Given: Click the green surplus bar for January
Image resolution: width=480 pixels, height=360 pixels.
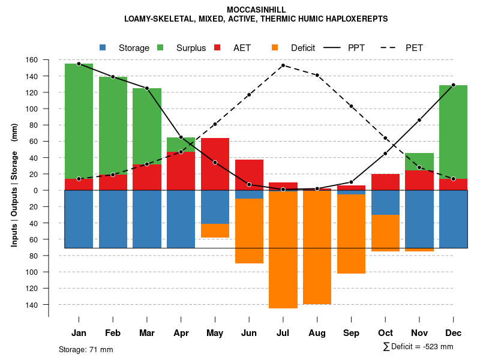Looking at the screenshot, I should [79, 120].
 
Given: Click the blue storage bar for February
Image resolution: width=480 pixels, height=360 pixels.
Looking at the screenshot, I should [113, 219].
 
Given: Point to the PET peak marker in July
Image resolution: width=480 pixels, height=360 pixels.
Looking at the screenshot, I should [283, 65].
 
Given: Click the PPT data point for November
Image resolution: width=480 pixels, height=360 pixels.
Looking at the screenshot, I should [419, 120].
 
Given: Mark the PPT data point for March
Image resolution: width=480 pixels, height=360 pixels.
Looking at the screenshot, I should [147, 88].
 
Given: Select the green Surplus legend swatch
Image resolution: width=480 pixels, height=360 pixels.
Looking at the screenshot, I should [160, 48].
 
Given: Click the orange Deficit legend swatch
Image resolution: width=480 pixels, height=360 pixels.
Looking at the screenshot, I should [275, 48].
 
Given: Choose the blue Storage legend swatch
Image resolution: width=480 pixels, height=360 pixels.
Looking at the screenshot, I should [103, 48].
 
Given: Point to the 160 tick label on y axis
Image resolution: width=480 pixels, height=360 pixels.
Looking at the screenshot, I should [48, 60].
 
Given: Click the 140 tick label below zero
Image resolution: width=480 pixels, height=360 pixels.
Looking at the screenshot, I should [48, 305].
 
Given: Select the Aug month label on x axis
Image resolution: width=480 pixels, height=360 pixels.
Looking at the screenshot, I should [317, 333].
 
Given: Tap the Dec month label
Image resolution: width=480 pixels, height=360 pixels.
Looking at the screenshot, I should [453, 333].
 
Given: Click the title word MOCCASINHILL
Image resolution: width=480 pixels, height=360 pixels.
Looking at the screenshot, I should [256, 10].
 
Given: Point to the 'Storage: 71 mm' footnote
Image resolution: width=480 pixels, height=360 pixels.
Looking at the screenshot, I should [86, 349].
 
